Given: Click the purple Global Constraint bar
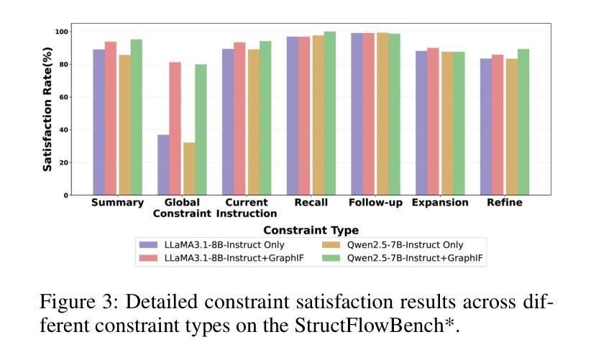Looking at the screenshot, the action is [x=163, y=165].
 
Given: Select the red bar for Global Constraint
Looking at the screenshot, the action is [x=175, y=129].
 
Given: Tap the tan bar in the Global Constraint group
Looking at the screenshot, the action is [x=189, y=169].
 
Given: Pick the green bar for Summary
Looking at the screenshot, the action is [x=137, y=117].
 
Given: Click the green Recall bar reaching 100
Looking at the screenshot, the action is [x=330, y=114].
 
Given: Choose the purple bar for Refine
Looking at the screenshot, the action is [x=486, y=127].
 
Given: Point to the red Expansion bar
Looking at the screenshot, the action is [x=433, y=121].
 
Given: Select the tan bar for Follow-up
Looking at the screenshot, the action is [x=382, y=114].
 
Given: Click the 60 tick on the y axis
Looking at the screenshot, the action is [x=63, y=97].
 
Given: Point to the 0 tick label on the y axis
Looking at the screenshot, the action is [x=66, y=195].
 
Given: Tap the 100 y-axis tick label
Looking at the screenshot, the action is [x=62, y=32].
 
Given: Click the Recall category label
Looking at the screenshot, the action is [x=311, y=203].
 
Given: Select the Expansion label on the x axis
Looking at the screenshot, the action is [x=440, y=203].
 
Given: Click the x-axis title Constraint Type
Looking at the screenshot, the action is [x=311, y=230].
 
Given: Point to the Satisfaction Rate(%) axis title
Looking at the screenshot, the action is [x=47, y=109].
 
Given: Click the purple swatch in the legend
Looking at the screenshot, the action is [x=148, y=245].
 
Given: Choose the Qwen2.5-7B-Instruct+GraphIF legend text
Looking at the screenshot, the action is [x=415, y=258].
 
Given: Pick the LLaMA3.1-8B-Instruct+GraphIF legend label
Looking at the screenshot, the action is [x=234, y=258].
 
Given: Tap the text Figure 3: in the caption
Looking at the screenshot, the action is [x=79, y=303].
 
